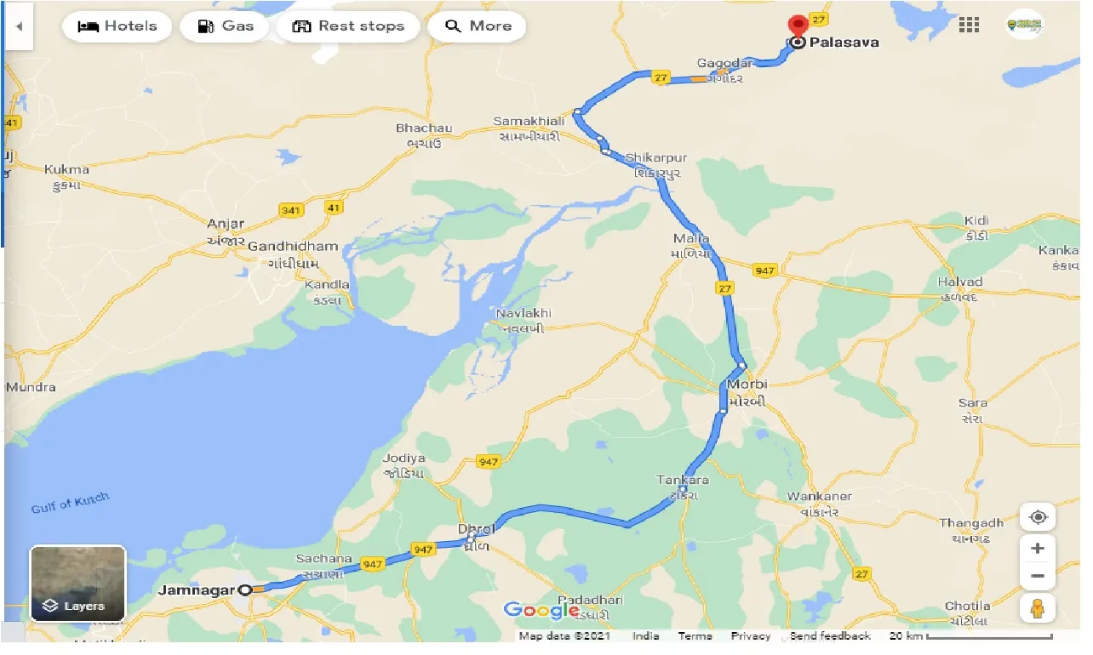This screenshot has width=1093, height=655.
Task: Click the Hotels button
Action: (x=117, y=26)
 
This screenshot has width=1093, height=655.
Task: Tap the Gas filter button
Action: (x=226, y=26)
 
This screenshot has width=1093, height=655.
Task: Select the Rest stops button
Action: (x=346, y=26)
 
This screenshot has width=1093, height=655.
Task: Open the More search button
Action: (x=478, y=26)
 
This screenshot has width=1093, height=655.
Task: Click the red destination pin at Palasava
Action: (x=798, y=26)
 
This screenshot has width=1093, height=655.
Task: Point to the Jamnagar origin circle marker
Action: (x=245, y=589)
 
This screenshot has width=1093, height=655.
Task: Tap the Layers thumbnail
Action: (x=77, y=584)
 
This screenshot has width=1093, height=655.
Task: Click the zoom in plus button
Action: (x=1037, y=549)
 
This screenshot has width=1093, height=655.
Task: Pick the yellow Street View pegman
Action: (x=1037, y=608)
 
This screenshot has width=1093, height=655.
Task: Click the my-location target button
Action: (x=1037, y=517)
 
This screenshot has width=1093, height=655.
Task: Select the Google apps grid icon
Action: (x=969, y=25)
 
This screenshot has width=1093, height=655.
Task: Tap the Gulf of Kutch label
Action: (x=71, y=503)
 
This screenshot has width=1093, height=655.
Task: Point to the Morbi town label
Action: (x=747, y=384)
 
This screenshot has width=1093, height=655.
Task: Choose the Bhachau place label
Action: (x=424, y=128)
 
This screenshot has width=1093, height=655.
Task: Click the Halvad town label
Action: (x=959, y=282)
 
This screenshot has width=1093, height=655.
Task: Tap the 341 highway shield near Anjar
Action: (x=291, y=208)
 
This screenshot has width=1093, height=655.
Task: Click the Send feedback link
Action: (x=830, y=636)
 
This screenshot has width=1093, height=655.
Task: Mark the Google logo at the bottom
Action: (x=541, y=610)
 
